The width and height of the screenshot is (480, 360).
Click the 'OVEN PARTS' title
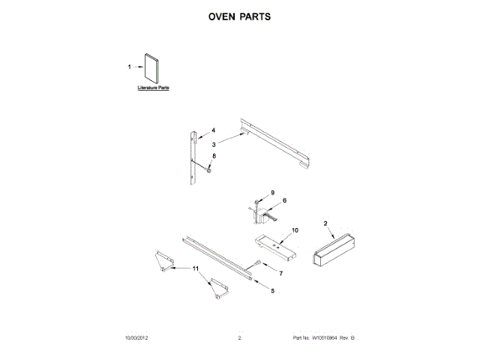239,16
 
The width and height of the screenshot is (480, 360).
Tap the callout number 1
129,67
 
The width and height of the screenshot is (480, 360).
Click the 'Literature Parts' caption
153,88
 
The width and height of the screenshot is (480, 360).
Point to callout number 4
213,130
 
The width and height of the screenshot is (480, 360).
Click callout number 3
213,144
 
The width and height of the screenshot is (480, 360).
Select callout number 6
284,201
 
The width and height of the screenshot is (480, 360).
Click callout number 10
295,229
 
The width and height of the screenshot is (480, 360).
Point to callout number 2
325,223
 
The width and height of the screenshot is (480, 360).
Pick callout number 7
281,274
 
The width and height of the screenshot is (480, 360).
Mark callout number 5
272,290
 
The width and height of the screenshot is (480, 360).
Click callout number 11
196,268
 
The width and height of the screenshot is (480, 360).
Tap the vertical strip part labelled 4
193,157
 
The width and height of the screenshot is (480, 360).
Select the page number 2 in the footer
238,339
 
